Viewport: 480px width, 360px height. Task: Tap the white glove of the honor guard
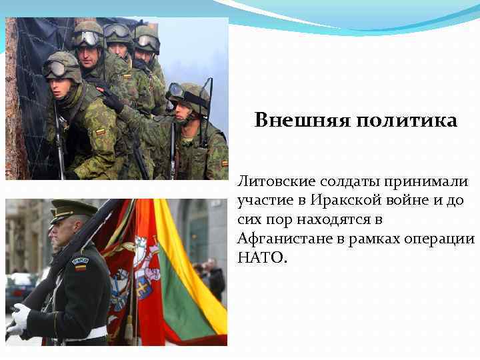(21, 316)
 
